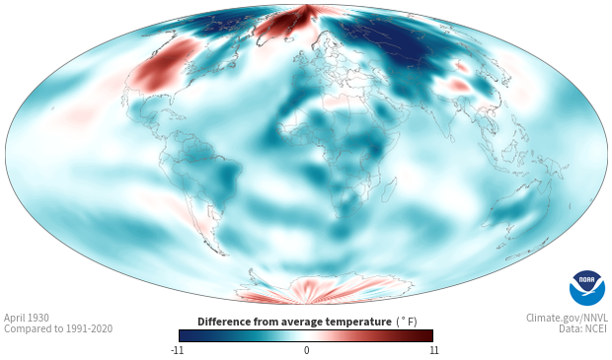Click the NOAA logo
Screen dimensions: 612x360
point(587,288)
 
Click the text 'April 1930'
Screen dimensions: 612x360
point(27,318)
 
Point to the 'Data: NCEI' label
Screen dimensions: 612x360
point(583,328)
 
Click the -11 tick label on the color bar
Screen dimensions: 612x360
point(177,350)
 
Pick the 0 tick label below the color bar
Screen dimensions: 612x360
point(306,350)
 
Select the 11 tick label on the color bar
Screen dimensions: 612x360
point(434,350)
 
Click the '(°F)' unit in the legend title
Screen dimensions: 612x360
point(407,323)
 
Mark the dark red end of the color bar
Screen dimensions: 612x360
point(428,335)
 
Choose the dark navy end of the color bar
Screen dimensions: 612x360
point(185,335)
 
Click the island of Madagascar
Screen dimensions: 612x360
point(389,189)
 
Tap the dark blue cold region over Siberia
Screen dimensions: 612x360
point(398,42)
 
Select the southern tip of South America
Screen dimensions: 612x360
point(222,253)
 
